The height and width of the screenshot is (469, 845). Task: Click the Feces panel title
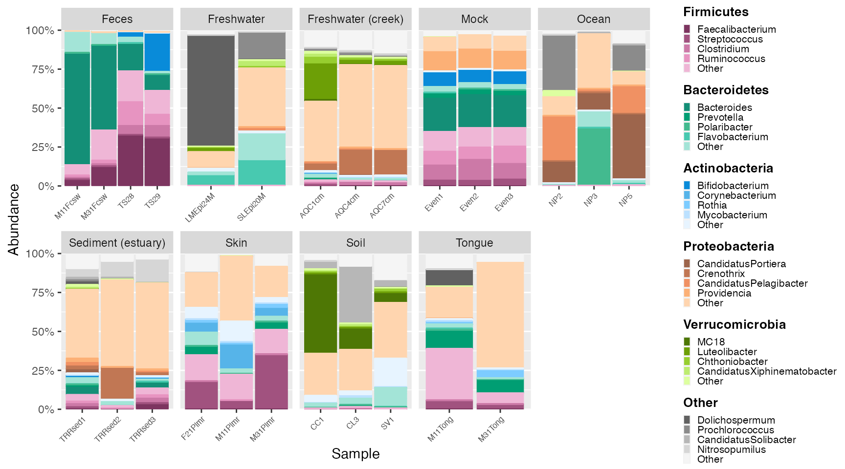click(x=117, y=19)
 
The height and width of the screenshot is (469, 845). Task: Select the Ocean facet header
click(x=594, y=19)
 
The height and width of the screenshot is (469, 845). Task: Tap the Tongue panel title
click(x=474, y=243)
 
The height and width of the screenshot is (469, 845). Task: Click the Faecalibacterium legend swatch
click(x=687, y=29)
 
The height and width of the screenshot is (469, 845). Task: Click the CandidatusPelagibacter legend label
click(x=752, y=283)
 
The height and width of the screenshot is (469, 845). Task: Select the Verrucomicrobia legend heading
click(x=734, y=324)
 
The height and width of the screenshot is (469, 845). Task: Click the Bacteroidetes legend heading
click(x=726, y=90)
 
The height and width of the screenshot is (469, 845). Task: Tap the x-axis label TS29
click(x=153, y=201)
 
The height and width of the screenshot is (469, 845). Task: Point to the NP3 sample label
click(x=591, y=200)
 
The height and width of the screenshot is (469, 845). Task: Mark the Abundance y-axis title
click(x=14, y=219)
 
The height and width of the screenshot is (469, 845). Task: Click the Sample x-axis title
click(x=356, y=454)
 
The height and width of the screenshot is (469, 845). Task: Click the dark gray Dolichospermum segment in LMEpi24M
click(x=211, y=90)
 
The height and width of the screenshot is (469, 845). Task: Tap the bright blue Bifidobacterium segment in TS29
click(x=157, y=52)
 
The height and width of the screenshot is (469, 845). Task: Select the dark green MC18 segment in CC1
click(x=320, y=313)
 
